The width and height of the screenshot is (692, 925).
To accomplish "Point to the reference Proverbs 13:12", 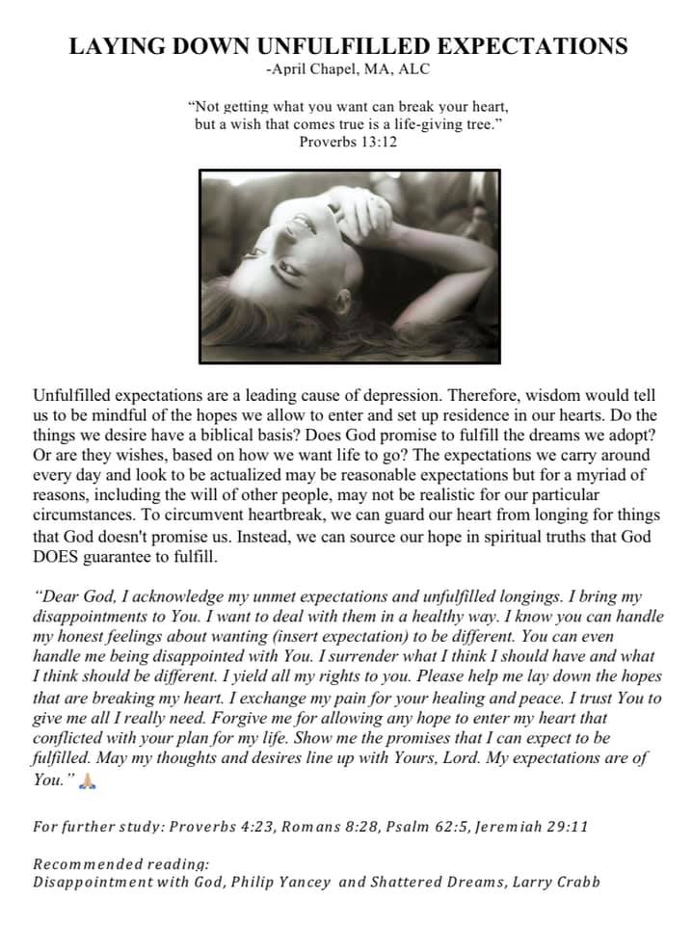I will pos(347,142).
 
